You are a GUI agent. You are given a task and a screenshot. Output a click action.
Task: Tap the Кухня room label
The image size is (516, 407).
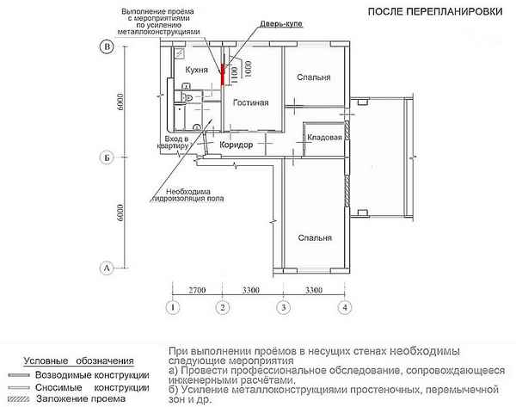(x=199, y=68)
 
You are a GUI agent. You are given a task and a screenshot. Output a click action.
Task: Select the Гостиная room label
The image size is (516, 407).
(x=251, y=103)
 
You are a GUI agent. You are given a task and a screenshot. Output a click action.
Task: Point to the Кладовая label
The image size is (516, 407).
(x=325, y=137)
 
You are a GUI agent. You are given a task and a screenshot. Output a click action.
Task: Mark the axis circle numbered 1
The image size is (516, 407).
(x=174, y=307)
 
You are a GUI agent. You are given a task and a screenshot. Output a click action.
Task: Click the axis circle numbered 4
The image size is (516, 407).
(x=345, y=307)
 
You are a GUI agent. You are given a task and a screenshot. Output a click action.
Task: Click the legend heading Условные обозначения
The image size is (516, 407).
(x=78, y=360)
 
